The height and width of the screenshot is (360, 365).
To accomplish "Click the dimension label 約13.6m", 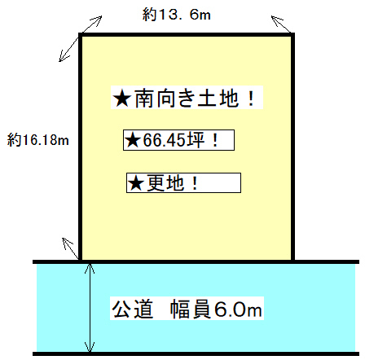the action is (176, 15).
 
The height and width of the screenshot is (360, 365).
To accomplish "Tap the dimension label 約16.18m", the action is (38, 140).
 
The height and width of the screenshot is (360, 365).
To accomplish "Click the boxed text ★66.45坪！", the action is (178, 140).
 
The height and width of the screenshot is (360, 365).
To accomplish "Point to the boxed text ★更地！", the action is (183, 183).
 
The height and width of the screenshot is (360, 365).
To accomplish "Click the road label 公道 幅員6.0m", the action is (187, 309).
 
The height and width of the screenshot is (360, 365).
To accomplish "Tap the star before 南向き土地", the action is (122, 99).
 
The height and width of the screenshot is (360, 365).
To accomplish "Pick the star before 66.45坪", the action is (133, 140).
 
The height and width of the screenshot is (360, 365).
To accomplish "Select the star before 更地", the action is (136, 183).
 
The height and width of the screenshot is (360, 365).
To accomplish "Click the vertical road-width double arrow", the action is (90, 308).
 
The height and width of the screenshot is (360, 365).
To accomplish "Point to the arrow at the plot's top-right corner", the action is (281, 24).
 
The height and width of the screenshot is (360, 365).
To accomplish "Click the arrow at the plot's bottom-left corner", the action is (71, 248).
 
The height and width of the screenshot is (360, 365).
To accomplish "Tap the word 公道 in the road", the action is (133, 309).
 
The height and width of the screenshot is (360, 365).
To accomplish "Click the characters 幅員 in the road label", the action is (191, 309).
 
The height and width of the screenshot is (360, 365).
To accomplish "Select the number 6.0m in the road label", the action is (238, 310).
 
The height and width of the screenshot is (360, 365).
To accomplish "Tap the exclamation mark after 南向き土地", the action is (251, 99).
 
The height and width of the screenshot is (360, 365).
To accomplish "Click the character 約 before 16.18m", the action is (14, 140).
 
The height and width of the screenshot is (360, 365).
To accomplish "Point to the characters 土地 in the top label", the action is (218, 98).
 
